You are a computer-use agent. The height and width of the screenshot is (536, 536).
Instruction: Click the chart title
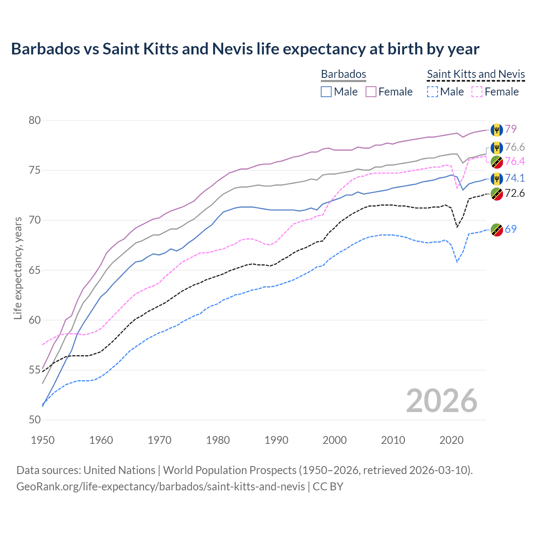pos(245,49)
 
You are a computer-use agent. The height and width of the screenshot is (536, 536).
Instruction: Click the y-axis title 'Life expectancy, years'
pos(18,268)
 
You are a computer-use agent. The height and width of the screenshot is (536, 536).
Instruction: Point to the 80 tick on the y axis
pos(35,121)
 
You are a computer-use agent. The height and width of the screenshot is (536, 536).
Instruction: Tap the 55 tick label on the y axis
pos(35,370)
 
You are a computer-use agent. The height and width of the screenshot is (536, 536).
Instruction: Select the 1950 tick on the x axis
pos(43,440)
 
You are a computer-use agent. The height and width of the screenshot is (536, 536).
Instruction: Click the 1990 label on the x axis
pos(276,440)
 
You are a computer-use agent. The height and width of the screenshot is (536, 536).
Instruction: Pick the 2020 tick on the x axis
pos(451,440)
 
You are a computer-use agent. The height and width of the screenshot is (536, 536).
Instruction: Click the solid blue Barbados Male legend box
pos(326,92)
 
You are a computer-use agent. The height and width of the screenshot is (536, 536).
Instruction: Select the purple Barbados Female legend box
pos(371,92)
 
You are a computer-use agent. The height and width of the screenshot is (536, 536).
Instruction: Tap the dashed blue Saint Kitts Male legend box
pos(432,92)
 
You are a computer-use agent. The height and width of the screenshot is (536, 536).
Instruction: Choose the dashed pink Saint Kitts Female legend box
pos(477,92)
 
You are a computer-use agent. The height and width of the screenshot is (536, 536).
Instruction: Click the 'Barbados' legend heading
pos(343,74)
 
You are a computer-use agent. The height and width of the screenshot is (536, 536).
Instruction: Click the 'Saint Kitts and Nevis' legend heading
pos(476,74)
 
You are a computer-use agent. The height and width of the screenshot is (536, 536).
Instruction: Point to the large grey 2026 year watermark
pos(441,401)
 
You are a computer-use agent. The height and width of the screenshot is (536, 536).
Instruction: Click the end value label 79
pos(510,129)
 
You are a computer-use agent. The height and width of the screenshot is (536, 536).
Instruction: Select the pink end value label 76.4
pos(515,162)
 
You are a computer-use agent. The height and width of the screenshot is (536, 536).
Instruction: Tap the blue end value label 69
pos(510,229)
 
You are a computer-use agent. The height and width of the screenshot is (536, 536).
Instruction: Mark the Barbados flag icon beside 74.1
pos(497,178)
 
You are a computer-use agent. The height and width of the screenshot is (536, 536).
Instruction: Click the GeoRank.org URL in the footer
pos(160,487)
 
